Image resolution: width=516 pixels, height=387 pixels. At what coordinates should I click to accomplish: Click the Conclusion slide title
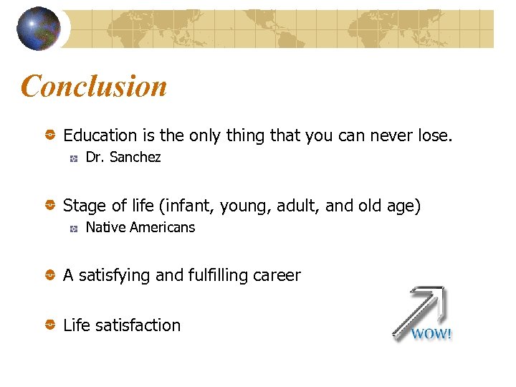tap(94, 87)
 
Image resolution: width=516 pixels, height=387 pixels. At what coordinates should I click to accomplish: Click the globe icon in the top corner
tap(39, 29)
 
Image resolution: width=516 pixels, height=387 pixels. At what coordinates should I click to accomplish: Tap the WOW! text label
tap(431, 334)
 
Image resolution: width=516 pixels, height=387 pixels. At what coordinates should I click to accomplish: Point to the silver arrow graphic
tap(423, 308)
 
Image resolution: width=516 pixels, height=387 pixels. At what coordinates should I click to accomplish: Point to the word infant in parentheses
tap(190, 206)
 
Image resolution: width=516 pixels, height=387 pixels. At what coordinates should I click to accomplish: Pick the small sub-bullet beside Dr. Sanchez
tap(73, 158)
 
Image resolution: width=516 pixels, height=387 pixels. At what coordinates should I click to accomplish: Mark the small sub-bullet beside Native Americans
tap(73, 229)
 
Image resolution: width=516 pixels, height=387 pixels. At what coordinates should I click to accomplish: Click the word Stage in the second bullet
tap(83, 206)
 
